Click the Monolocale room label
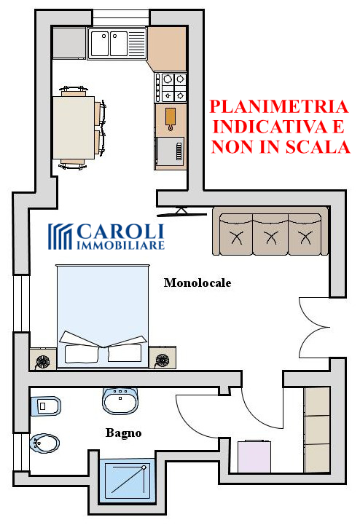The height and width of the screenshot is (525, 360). click(x=197, y=283)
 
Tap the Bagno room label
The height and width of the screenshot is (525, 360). click(x=123, y=433)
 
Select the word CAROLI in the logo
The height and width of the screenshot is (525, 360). click(x=121, y=232)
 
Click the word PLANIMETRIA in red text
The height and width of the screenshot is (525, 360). click(x=279, y=106)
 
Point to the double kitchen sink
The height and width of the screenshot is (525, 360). click(x=117, y=44)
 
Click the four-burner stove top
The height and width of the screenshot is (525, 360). click(x=171, y=87)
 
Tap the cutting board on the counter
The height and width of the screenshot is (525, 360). click(x=171, y=119)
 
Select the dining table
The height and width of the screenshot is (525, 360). click(x=74, y=127)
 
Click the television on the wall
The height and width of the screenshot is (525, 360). click(x=182, y=213)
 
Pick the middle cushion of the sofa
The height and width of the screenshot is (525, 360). click(x=270, y=235)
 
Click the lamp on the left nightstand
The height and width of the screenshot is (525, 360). click(x=43, y=361)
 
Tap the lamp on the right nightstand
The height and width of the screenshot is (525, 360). click(x=163, y=360)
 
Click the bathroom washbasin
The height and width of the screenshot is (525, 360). click(x=120, y=401)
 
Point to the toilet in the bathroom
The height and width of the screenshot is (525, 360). click(x=46, y=406)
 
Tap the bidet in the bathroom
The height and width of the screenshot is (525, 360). click(x=44, y=444)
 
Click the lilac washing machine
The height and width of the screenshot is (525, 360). click(x=254, y=456)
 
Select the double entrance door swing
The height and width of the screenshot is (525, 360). click(x=314, y=328)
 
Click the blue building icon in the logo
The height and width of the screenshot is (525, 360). click(x=60, y=237)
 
